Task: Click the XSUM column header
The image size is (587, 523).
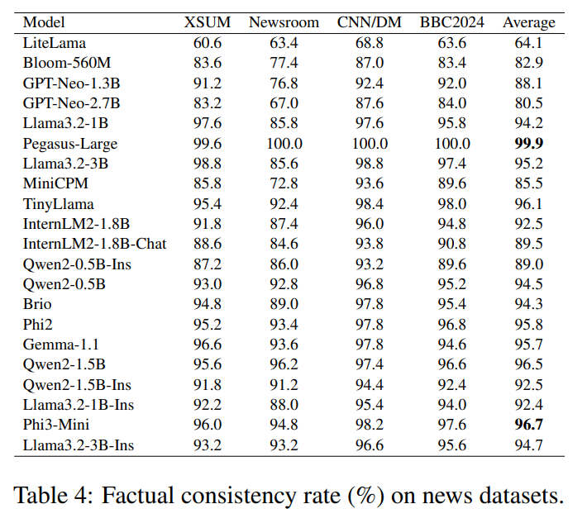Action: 208,22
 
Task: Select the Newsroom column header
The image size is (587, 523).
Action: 284,22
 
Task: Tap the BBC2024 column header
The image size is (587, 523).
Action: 452,22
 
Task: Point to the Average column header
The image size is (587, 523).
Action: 528,23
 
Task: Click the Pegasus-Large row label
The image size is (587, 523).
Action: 70,144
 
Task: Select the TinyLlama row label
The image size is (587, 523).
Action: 59,205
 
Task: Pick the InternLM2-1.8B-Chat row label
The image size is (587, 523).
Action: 95,244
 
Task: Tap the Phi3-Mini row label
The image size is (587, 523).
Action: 56,425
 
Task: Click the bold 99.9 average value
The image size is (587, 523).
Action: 528,143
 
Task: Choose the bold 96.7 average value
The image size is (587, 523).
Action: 528,425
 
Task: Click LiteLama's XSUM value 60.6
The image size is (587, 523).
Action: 208,43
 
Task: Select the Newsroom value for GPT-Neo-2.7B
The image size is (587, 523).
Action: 284,103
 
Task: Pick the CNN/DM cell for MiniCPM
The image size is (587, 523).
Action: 370,183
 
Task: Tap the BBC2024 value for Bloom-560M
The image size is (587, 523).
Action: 452,63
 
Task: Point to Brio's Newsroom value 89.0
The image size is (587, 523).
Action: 284,304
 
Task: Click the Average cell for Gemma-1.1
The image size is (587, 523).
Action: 528,345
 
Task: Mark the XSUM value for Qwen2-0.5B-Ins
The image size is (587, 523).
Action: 208,264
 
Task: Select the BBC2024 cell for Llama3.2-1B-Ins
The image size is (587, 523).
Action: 452,405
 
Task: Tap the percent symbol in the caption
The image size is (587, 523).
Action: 366,496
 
